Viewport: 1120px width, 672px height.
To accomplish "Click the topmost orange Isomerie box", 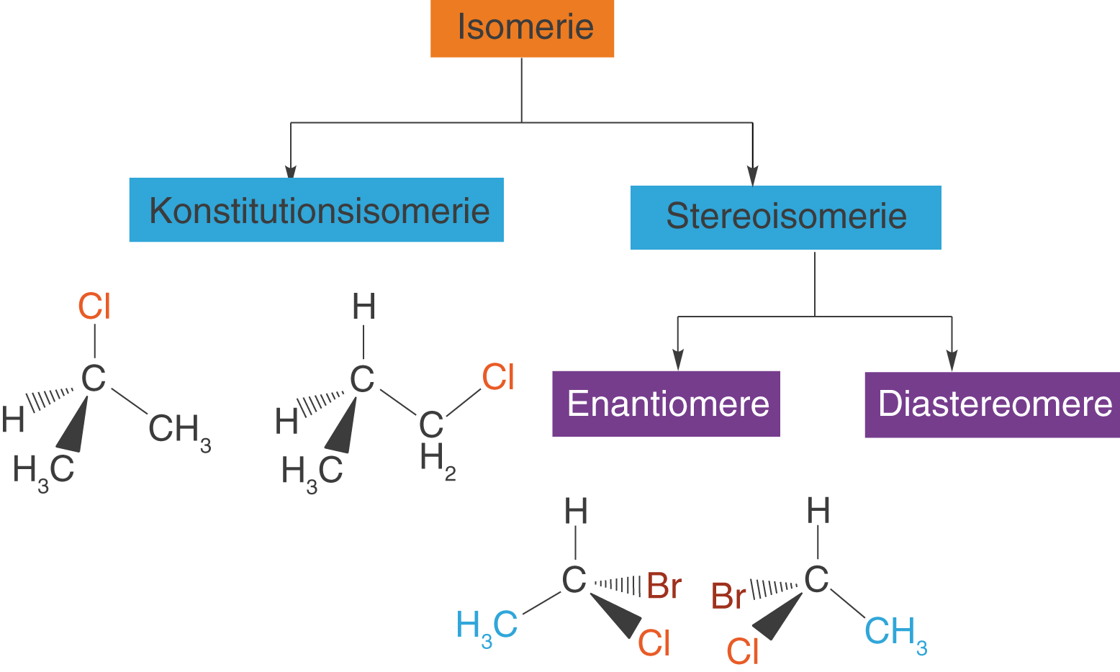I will (522, 28).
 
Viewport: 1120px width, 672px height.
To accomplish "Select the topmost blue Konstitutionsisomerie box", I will (316, 210).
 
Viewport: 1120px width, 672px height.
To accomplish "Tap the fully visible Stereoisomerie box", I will (785, 217).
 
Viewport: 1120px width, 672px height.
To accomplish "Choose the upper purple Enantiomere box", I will (666, 404).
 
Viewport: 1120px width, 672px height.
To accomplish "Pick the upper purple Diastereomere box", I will (992, 404).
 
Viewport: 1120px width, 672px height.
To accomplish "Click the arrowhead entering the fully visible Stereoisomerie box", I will (753, 176).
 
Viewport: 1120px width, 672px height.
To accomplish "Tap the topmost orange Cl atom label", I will (94, 307).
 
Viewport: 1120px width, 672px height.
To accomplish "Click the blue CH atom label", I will (889, 630).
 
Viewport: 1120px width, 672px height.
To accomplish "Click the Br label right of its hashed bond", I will (664, 587).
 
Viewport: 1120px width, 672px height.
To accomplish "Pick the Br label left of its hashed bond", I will (728, 597).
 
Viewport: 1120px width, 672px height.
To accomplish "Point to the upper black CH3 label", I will (179, 431).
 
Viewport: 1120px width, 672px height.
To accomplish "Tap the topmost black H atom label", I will (363, 307).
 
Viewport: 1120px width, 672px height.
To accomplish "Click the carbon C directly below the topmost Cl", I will (94, 378).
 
